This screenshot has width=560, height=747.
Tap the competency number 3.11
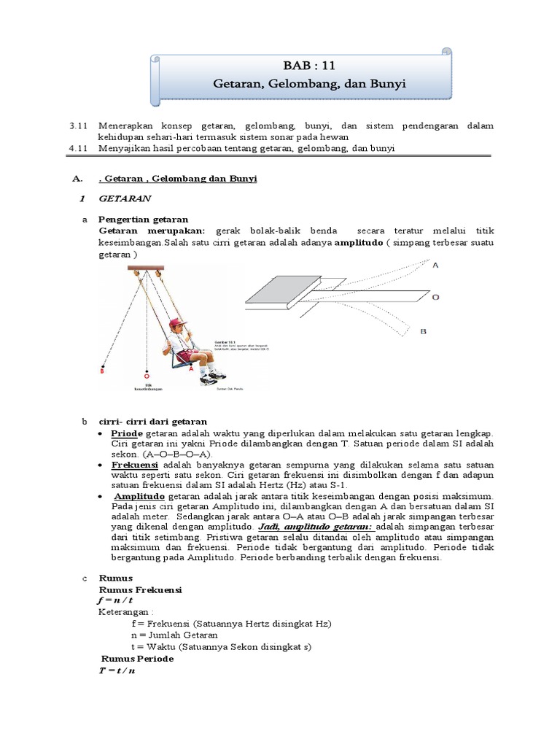pos(78,125)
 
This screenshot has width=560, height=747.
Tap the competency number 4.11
pos(78,147)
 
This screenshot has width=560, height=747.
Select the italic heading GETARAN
pos(125,198)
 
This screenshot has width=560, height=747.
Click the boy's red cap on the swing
pos(175,323)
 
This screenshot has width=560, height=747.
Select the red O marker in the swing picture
pos(147,376)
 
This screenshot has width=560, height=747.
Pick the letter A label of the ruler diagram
pos(435,266)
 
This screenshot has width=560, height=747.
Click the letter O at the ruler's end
pos(435,298)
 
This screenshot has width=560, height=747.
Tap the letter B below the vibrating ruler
pos(423,331)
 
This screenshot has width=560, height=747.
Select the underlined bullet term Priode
pos(128,433)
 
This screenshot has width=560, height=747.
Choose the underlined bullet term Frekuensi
pos(136,464)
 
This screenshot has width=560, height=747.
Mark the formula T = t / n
pos(117,670)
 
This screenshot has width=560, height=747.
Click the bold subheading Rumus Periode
pos(137,658)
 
